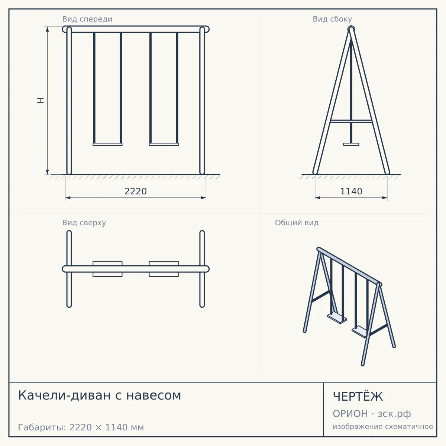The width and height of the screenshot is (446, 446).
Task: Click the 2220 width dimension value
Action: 136,191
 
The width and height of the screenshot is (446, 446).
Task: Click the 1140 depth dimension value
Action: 351,191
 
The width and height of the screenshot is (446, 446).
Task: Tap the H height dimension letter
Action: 41,100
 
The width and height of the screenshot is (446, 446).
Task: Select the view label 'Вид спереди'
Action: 87,19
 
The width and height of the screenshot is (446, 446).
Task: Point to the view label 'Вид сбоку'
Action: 332,19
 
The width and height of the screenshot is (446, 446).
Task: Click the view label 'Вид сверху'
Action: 84,223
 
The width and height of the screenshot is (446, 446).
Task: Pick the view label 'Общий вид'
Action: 297,223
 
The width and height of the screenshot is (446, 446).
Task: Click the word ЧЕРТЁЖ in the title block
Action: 358,397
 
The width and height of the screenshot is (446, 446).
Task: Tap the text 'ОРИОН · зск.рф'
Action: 372,414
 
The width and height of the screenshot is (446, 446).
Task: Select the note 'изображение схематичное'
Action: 383,426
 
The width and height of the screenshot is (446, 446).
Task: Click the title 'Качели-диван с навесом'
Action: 100,395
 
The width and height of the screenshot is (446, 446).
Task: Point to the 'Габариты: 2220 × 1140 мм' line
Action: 81,427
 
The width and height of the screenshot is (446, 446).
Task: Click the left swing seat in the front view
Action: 108,145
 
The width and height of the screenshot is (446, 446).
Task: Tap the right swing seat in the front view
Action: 164,145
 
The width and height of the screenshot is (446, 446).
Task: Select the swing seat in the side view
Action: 351,145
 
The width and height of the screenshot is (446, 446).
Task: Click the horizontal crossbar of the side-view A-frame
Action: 351,121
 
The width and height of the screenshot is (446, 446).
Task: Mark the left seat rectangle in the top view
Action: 108,269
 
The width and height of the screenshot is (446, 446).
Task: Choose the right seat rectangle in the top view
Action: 164,269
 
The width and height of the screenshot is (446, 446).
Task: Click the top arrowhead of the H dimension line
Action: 47,29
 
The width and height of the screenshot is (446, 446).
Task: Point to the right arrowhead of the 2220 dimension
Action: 203,198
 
